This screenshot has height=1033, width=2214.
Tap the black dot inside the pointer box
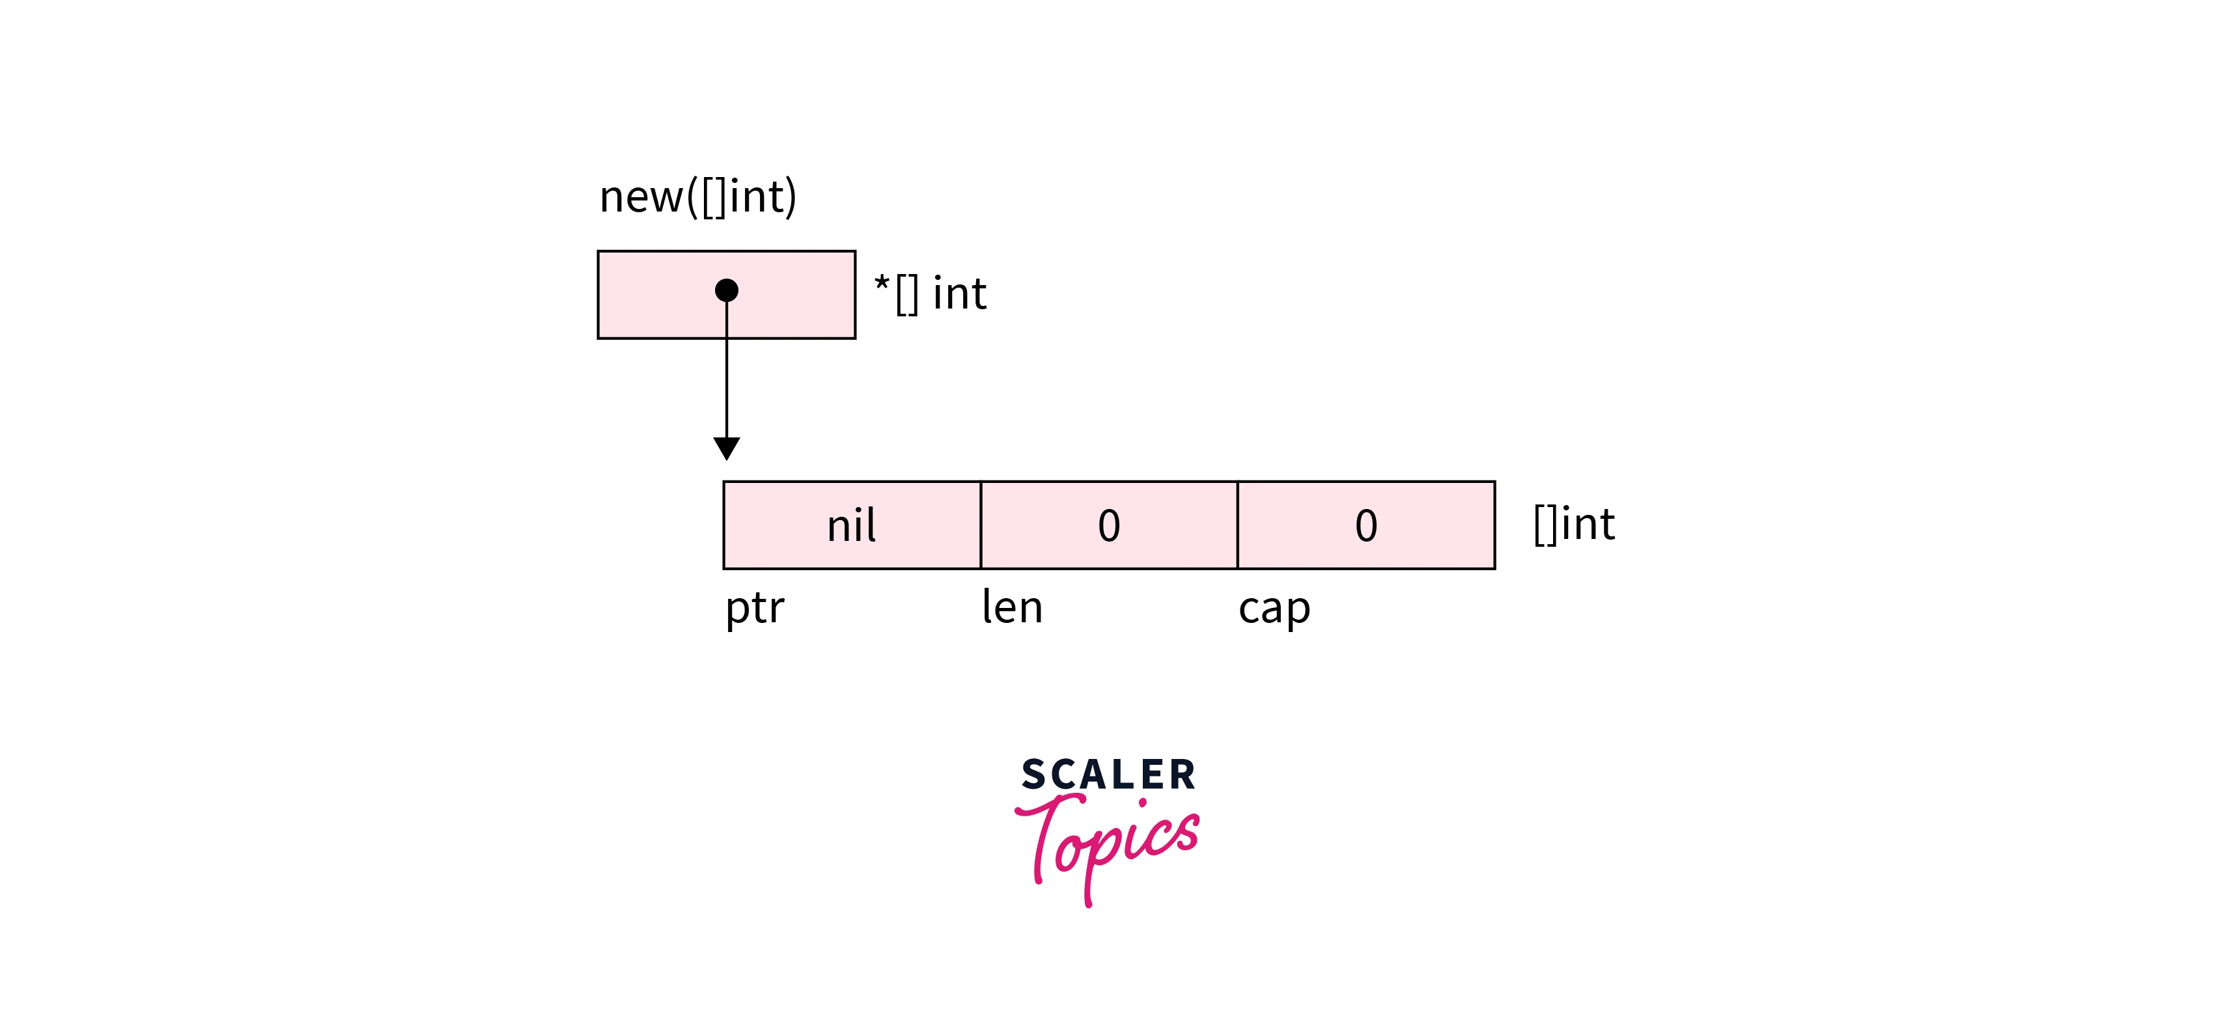pos(726,290)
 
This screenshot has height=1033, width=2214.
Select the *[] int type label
pos(931,294)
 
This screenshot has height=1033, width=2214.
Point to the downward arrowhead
pos(726,448)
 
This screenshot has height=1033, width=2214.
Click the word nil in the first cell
pos(851,525)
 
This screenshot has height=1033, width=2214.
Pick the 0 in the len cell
pos(1109,526)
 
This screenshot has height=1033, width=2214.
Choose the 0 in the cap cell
pos(1366,526)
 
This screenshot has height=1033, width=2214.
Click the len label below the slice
pos(1013,607)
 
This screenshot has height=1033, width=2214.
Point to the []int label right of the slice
pos(1575,524)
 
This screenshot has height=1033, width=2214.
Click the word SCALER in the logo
pos(1108,775)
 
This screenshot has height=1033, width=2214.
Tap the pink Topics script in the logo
pos(1108,849)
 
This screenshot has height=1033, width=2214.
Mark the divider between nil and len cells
pos(981,525)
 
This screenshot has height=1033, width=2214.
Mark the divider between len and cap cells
pos(1238,525)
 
